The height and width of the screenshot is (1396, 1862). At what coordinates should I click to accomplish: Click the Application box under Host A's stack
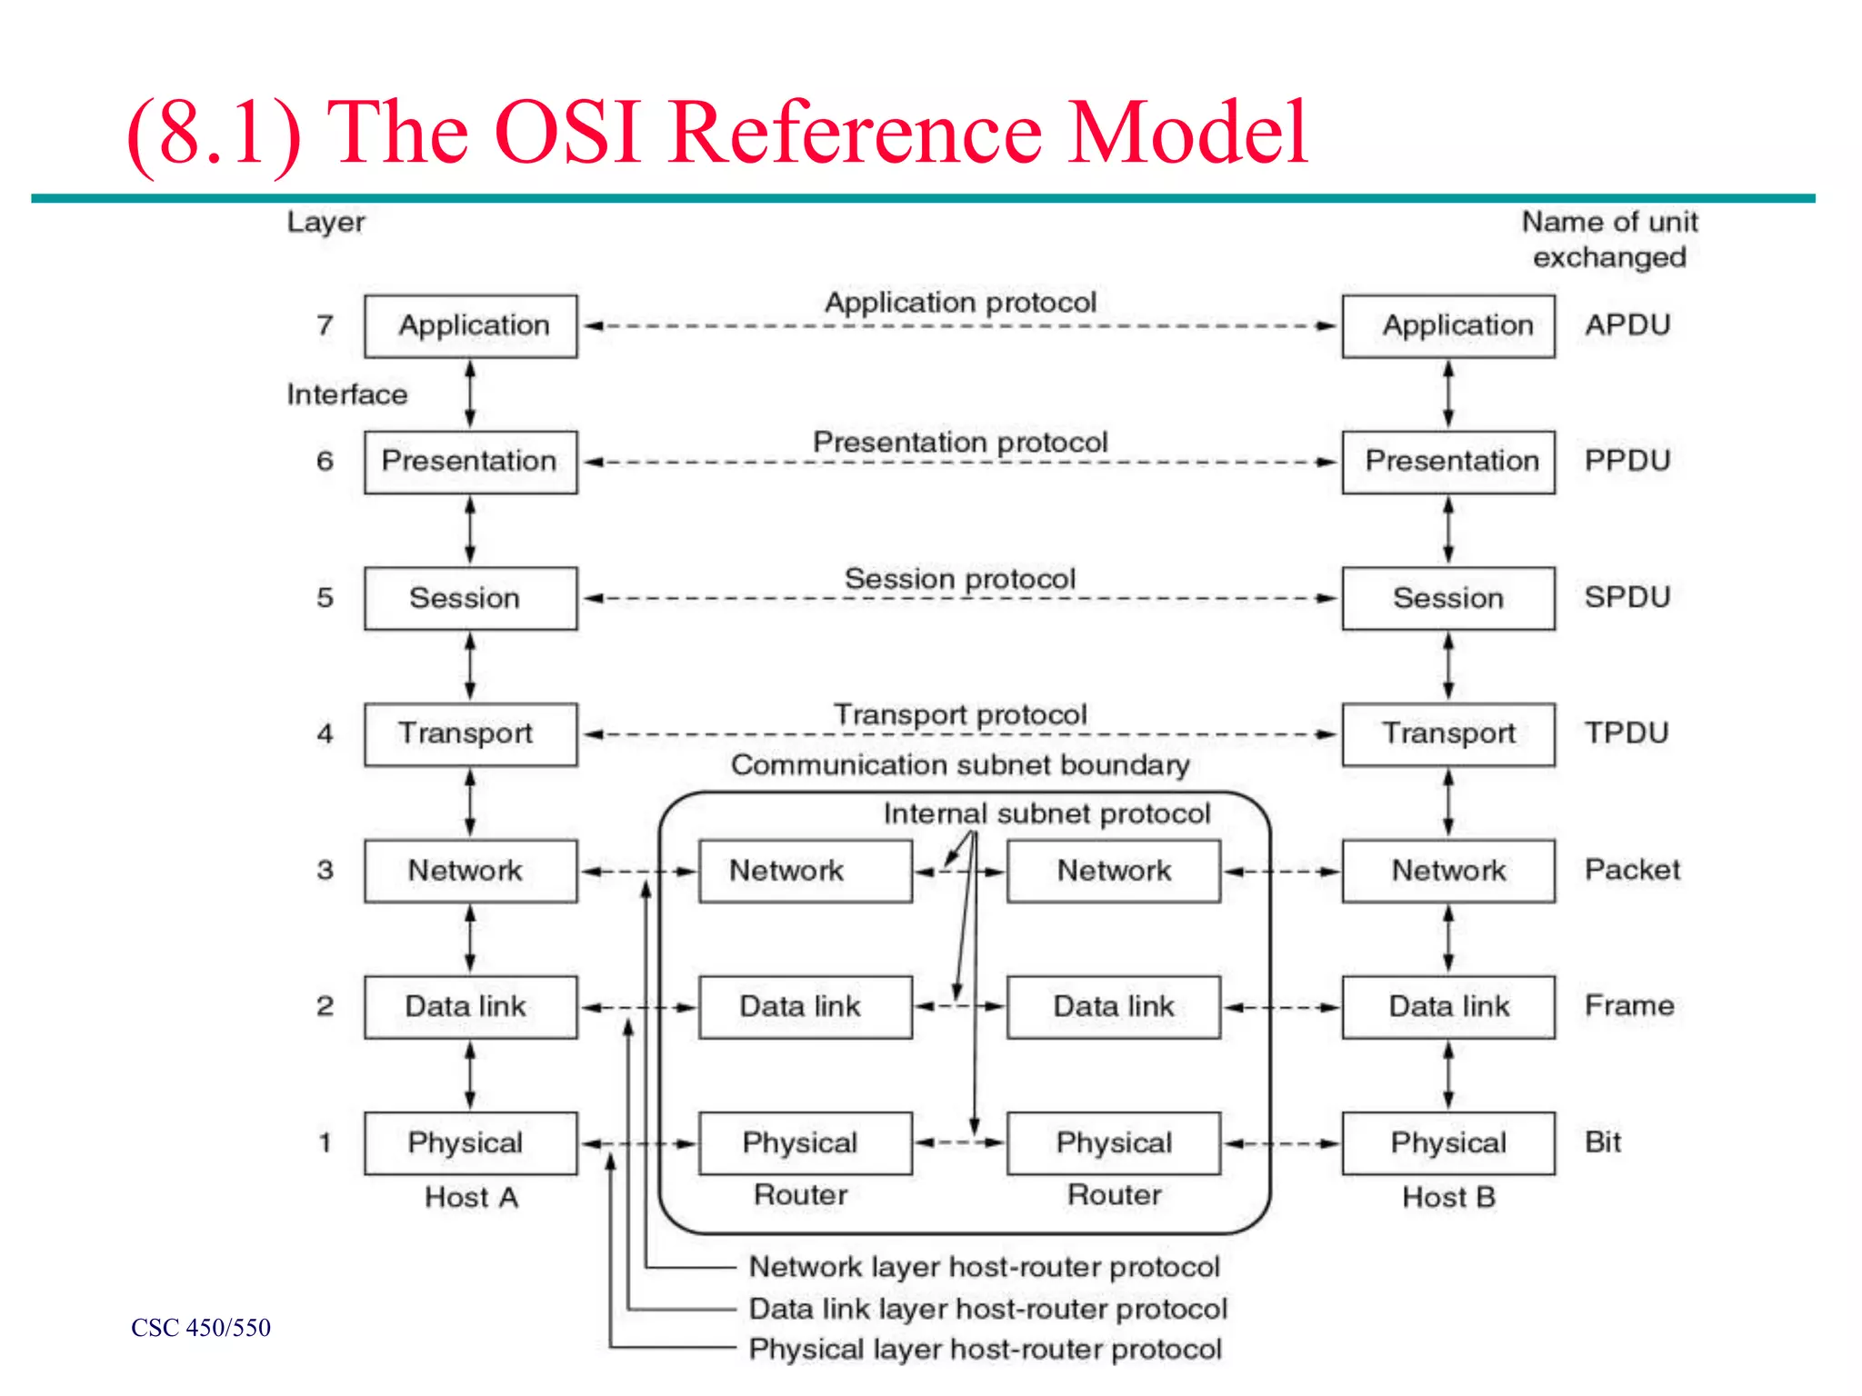point(471,325)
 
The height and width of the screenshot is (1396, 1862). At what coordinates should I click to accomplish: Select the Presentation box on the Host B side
point(1448,462)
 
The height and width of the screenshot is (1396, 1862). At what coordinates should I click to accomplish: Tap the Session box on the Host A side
point(471,598)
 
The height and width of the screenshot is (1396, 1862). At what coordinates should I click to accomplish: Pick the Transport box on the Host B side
point(1448,733)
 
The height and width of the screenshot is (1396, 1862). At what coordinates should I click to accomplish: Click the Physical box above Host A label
point(471,1142)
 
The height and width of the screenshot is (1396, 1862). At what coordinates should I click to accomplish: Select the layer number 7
point(325,325)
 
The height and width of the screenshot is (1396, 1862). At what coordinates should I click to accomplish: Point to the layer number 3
point(325,870)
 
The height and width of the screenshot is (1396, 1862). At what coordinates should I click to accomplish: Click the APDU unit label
point(1627,325)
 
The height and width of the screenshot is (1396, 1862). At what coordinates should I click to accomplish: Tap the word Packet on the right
point(1632,870)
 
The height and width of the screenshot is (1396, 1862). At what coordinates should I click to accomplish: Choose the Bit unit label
point(1603,1142)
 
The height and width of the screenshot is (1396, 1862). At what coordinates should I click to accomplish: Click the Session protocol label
point(960,579)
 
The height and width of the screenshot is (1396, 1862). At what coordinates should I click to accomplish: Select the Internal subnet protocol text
point(1046,813)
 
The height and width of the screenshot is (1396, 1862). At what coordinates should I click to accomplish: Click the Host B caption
point(1448,1197)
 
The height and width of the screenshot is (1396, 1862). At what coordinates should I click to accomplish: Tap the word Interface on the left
point(347,394)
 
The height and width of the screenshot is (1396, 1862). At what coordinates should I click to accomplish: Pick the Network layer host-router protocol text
point(984,1266)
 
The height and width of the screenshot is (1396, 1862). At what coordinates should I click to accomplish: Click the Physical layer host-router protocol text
point(985,1350)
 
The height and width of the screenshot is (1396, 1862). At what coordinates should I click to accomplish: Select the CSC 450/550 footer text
point(201,1328)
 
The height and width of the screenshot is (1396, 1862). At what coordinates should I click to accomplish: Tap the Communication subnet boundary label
point(960,765)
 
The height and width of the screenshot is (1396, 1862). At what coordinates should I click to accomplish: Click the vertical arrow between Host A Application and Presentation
point(470,394)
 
